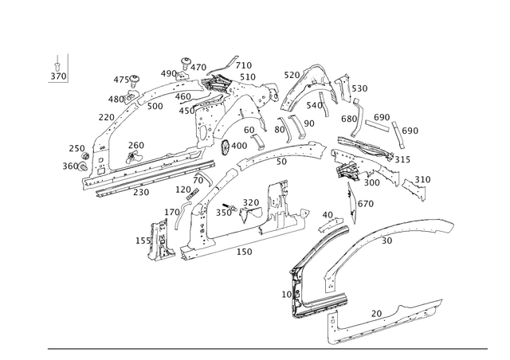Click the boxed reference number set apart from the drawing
click(x=57, y=76)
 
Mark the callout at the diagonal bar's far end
click(x=410, y=130)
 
